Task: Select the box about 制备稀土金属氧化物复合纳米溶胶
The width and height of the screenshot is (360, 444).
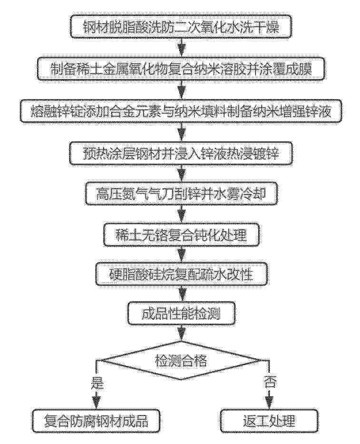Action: pos(181,69)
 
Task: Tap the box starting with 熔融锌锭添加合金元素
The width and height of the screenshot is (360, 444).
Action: pos(181,111)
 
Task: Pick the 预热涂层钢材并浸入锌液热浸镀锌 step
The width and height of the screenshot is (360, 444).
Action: pos(181,153)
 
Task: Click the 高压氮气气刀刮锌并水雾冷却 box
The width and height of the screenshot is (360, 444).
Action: pos(181,194)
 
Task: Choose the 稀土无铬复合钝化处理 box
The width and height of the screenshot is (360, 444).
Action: pos(181,235)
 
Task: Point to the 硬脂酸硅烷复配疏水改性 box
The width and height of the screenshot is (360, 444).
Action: pos(181,274)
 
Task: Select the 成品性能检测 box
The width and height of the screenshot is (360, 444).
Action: pos(181,314)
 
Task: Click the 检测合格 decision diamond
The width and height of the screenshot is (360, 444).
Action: pos(181,360)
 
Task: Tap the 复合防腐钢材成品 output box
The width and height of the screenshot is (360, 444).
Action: pos(96,421)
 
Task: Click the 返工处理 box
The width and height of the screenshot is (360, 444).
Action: pos(269,421)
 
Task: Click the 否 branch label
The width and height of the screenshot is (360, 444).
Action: pos(270,382)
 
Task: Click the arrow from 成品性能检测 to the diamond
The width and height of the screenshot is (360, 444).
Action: pos(181,333)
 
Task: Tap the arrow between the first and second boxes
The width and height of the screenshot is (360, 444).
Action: pos(181,48)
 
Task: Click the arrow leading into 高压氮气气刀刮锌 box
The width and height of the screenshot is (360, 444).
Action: pos(181,174)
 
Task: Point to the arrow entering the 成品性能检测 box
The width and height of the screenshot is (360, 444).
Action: pos(181,294)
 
